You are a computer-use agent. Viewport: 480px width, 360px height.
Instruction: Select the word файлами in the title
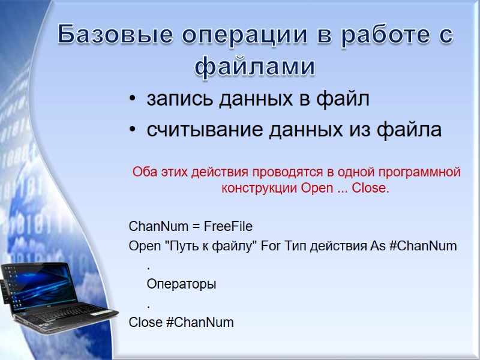[255, 67]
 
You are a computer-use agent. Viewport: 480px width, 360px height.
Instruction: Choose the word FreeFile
[228, 226]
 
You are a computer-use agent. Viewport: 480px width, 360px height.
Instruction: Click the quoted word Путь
[185, 246]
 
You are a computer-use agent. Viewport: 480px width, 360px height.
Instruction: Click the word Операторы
[181, 284]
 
